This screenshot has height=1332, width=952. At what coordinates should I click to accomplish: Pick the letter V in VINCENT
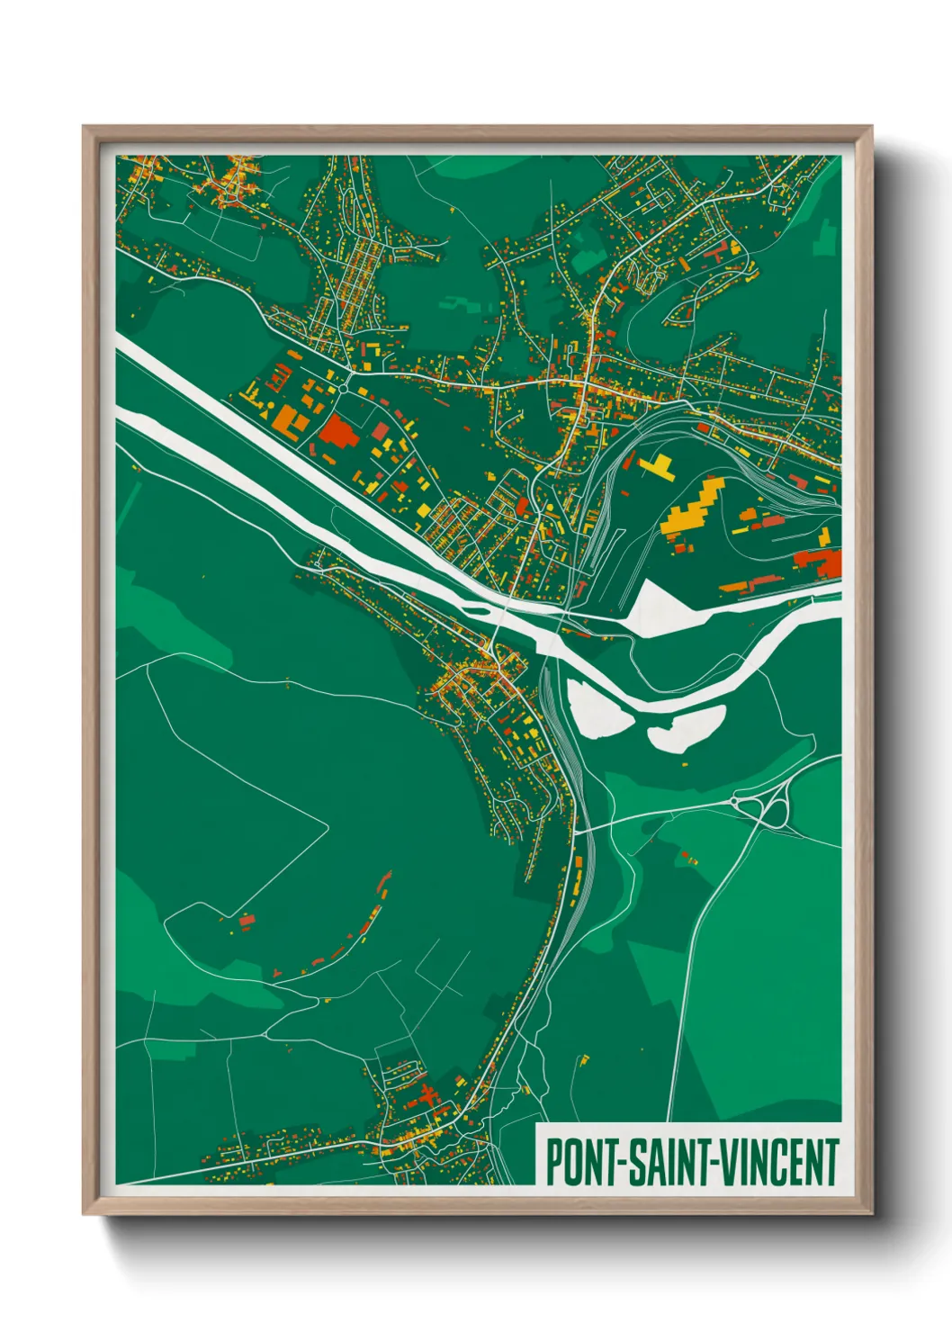[x=720, y=1162]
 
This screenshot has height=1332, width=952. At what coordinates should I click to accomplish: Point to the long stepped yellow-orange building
[x=694, y=508]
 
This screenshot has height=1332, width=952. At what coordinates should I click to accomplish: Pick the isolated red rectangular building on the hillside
[x=247, y=920]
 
